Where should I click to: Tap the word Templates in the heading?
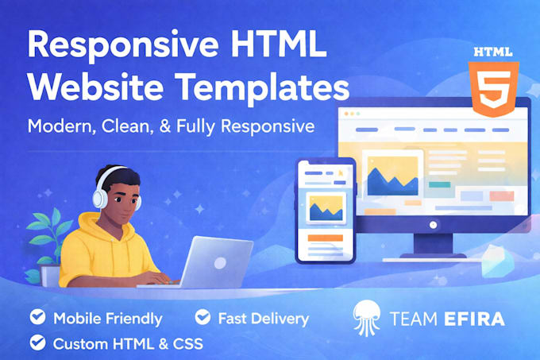[262, 87]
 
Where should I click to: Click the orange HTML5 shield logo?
[493, 88]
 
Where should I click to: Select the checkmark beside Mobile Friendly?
[37, 316]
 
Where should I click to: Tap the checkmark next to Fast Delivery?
[202, 316]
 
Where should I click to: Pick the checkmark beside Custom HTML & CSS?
[37, 343]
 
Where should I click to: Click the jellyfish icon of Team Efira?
[367, 318]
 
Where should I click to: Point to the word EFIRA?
[475, 319]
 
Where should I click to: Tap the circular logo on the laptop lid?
[220, 263]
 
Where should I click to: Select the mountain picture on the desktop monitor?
[392, 176]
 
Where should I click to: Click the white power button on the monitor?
[434, 225]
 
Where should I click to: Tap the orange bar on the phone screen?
[325, 238]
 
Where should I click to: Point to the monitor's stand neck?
[433, 243]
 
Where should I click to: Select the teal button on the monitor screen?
[439, 184]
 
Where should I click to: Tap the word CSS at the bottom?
[187, 344]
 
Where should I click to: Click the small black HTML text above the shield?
[493, 52]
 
